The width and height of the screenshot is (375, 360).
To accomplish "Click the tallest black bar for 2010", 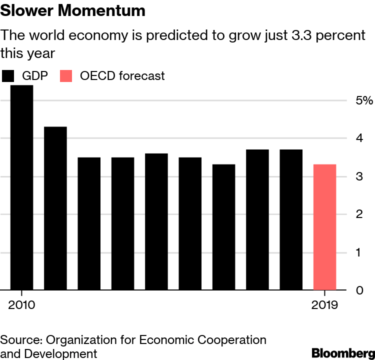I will [x=21, y=187].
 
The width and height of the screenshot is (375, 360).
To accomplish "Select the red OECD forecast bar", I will [x=324, y=227].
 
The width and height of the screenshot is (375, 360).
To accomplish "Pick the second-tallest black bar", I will [x=55, y=208].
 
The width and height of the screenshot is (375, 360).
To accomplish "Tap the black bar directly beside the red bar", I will [x=291, y=219].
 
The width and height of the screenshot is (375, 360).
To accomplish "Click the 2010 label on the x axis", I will [x=21, y=305].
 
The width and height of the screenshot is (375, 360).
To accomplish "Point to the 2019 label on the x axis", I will [x=324, y=305].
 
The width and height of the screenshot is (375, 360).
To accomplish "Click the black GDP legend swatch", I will [x=8, y=76].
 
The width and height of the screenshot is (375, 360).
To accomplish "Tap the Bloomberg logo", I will [x=342, y=352].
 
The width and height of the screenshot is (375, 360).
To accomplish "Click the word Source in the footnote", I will [x=20, y=340].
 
